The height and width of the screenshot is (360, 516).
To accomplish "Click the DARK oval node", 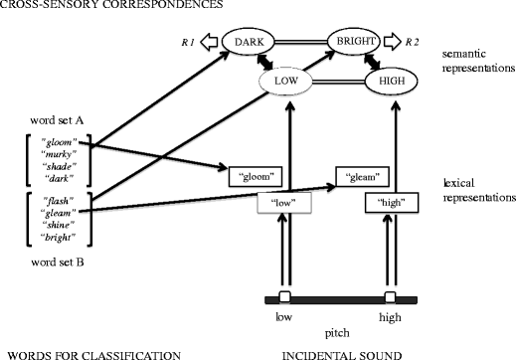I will [x=251, y=42].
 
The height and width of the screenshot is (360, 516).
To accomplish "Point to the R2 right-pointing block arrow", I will [x=399, y=42].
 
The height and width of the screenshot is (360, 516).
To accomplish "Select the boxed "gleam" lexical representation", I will [x=363, y=176].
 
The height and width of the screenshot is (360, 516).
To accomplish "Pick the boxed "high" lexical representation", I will [x=390, y=203].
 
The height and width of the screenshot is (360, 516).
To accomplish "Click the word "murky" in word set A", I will [x=64, y=155].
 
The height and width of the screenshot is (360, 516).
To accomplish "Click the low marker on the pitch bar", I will [x=284, y=297].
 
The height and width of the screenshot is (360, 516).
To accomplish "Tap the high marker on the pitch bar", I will [x=390, y=297].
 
